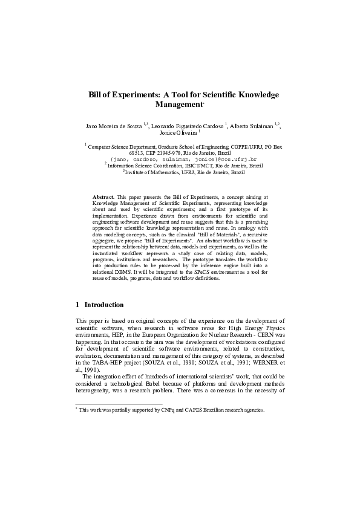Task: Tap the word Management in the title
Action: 180,105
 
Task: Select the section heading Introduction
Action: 104,305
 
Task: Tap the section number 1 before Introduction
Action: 77,305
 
